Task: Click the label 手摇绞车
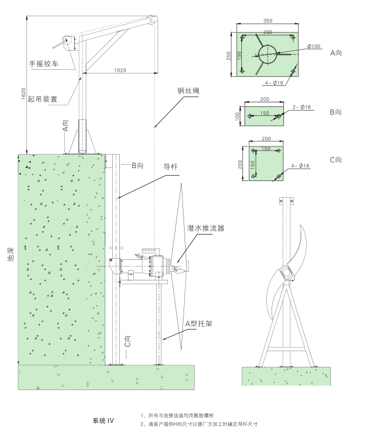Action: (44, 64)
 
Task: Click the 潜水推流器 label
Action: (205, 229)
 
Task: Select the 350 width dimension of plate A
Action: (267, 21)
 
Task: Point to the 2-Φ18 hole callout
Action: (301, 108)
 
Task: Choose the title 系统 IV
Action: (103, 420)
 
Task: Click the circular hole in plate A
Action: (267, 53)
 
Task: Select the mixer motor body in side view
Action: (135, 266)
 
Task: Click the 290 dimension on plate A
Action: (267, 32)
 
